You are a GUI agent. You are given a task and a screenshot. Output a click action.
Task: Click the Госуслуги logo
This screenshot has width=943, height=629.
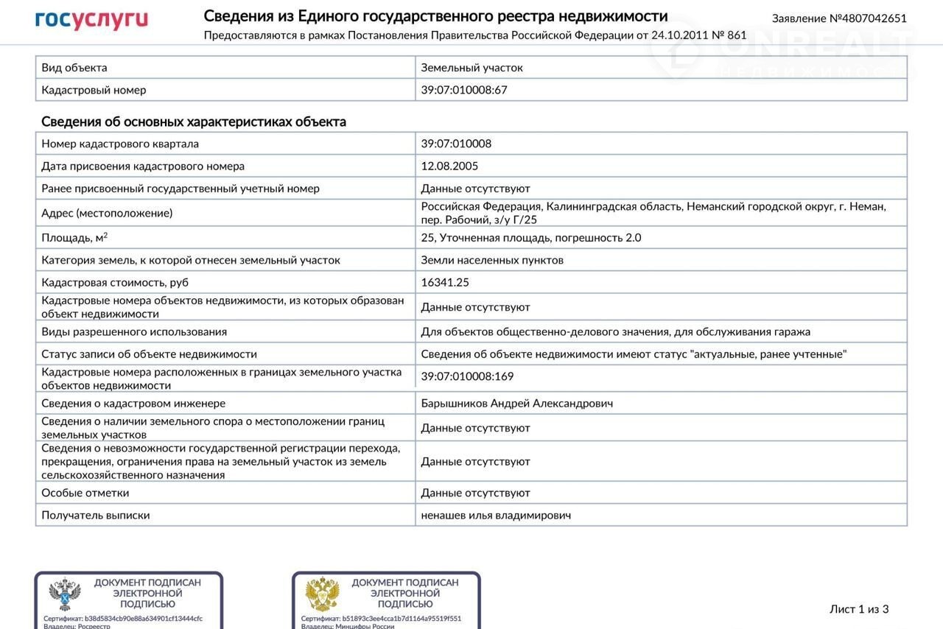click(x=91, y=20)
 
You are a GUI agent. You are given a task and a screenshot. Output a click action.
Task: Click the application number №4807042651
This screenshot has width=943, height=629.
click(x=839, y=18)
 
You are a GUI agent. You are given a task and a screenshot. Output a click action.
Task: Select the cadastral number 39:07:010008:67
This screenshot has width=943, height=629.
click(x=464, y=90)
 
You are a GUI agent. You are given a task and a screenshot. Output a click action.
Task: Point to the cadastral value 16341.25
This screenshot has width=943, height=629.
click(x=445, y=282)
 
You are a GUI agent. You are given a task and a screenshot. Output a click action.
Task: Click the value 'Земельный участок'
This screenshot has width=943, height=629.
click(x=471, y=68)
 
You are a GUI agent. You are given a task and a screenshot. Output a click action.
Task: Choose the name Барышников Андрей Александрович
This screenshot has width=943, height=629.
click(x=516, y=403)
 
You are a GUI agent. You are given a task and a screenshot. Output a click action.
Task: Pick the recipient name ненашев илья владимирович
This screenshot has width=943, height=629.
click(x=496, y=515)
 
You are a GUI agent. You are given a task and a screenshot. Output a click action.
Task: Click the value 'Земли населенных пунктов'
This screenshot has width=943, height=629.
click(x=492, y=260)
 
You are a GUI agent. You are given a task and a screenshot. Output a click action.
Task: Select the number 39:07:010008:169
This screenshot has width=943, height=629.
click(x=467, y=376)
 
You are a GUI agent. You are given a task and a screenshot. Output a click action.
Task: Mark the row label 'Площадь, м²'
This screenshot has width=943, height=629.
click(x=74, y=237)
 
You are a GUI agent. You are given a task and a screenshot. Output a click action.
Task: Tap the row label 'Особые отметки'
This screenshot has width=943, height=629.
click(x=85, y=493)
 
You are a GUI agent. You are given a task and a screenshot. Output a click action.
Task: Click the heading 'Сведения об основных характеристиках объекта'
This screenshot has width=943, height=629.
click(x=193, y=122)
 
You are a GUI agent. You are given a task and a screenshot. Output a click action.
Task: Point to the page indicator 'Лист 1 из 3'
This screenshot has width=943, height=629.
click(x=859, y=609)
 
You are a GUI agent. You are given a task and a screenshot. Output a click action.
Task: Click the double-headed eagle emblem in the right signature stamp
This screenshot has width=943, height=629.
click(x=322, y=594)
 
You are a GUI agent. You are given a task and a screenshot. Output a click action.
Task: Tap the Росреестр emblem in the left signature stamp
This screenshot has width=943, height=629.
click(x=65, y=594)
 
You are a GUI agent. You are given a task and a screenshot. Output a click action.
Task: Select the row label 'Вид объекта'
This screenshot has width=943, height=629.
click(x=74, y=68)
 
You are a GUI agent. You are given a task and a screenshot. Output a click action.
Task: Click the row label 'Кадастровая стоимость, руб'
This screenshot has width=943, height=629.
click(x=115, y=282)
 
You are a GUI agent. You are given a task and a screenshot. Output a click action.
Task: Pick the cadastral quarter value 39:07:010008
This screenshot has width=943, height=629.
click(x=456, y=144)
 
